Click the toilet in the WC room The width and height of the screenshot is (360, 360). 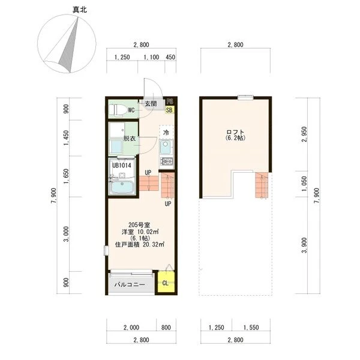pyautogui.click(x=118, y=110)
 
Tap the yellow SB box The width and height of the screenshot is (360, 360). pyautogui.click(x=169, y=110)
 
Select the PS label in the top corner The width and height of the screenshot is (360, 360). pyautogui.click(x=170, y=101)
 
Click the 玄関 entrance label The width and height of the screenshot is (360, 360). pyautogui.click(x=151, y=104)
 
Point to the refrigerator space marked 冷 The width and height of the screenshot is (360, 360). pyautogui.click(x=166, y=133)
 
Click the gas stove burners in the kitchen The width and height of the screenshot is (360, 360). pyautogui.click(x=167, y=161)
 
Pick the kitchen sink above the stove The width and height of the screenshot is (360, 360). pyautogui.click(x=166, y=148)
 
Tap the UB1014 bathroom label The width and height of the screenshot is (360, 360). pyautogui.click(x=121, y=166)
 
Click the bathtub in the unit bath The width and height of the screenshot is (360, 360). pyautogui.click(x=122, y=187)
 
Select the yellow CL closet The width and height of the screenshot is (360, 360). pyautogui.click(x=166, y=283)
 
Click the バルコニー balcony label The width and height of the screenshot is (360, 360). pyautogui.click(x=130, y=284)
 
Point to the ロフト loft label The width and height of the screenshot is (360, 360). pyautogui.click(x=235, y=132)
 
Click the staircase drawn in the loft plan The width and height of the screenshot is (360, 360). pyautogui.click(x=262, y=185)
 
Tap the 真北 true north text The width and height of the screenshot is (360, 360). pyautogui.click(x=80, y=10)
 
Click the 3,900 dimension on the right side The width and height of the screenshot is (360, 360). pyautogui.click(x=304, y=245)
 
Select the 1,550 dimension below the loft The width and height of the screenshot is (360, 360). pyautogui.click(x=251, y=328)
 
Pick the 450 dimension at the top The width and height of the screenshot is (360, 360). pyautogui.click(x=170, y=57)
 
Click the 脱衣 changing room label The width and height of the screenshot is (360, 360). pyautogui.click(x=130, y=139)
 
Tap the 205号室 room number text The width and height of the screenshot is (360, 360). pyautogui.click(x=139, y=225)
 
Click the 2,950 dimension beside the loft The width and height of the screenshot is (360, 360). pyautogui.click(x=304, y=134)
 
